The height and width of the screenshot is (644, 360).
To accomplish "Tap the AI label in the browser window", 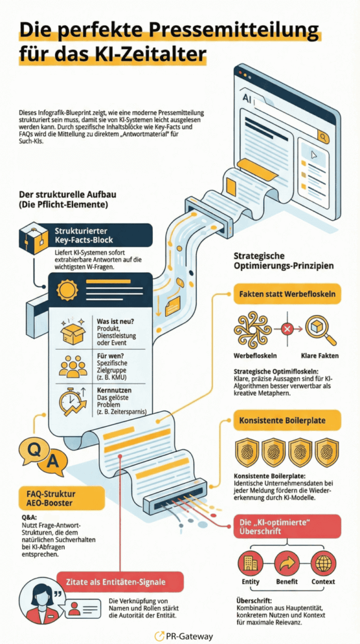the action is [x=248, y=99].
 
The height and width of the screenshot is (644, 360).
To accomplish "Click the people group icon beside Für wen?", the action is [x=73, y=367].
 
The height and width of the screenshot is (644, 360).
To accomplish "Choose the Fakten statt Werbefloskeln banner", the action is [x=287, y=294].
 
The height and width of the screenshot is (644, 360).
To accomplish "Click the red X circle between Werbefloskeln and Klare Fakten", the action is [x=287, y=328].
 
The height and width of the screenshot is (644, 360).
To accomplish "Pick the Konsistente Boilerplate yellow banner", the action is [x=287, y=420].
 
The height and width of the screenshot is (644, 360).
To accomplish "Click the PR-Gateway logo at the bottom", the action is [x=184, y=636].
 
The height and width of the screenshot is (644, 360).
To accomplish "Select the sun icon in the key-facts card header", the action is [x=67, y=289].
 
